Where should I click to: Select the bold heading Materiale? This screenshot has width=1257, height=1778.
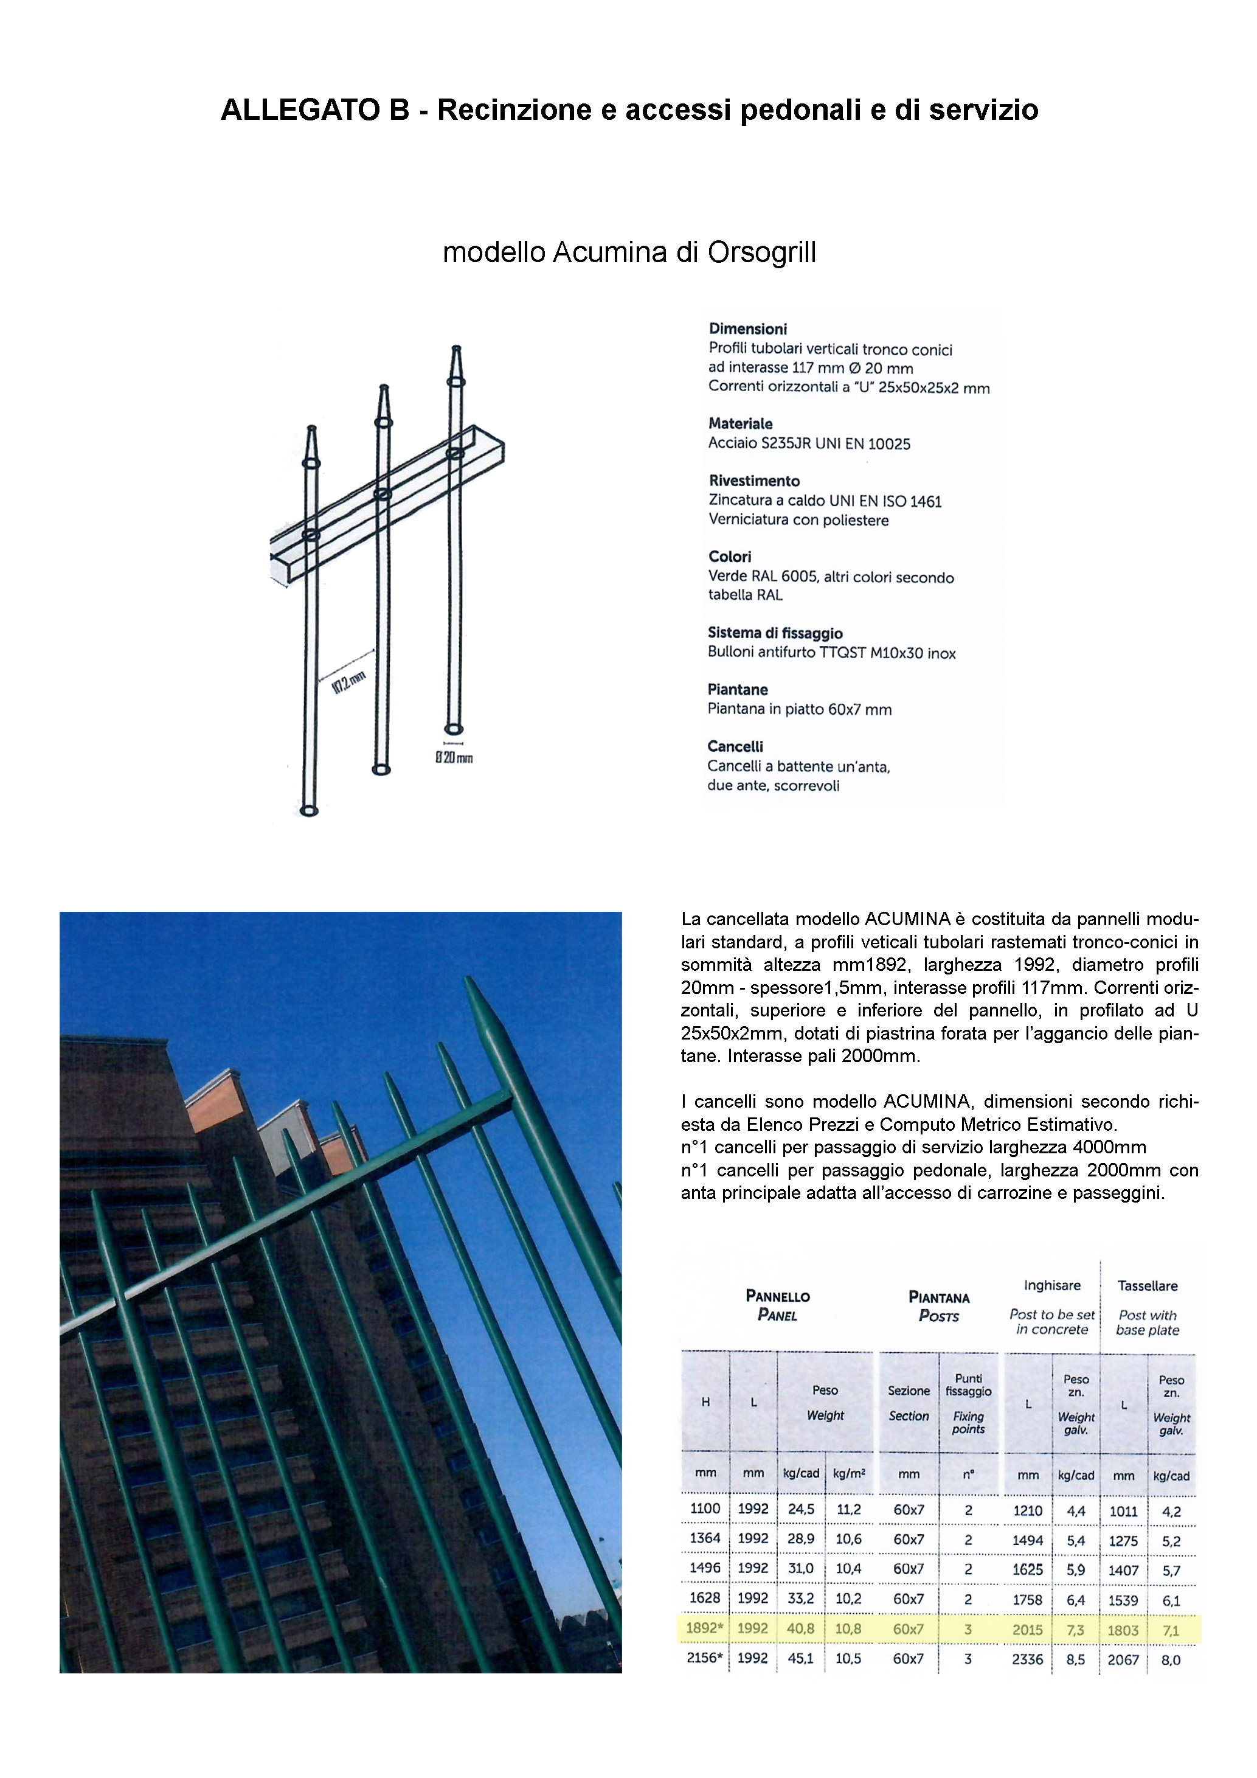740,423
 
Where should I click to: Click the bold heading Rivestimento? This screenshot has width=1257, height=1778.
754,481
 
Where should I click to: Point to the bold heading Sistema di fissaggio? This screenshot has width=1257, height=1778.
775,633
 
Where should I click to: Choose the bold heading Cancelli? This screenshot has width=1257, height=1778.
735,746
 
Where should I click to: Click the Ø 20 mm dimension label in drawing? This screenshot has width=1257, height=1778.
454,758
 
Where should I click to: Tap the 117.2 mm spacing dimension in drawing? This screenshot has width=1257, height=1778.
348,682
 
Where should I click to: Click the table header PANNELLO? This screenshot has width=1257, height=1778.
777,1296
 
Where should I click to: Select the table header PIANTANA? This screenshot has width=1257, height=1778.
938,1297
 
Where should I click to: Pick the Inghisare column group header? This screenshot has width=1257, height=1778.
1052,1285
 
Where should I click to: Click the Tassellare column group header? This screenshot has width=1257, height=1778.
1147,1285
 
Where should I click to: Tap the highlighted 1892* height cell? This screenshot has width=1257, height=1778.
704,1628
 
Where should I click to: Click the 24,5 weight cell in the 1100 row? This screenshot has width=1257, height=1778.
800,1509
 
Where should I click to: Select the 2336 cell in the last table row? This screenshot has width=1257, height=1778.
1027,1659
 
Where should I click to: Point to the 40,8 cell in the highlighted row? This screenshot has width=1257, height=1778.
800,1628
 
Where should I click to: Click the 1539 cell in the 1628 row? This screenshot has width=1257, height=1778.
1123,1600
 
